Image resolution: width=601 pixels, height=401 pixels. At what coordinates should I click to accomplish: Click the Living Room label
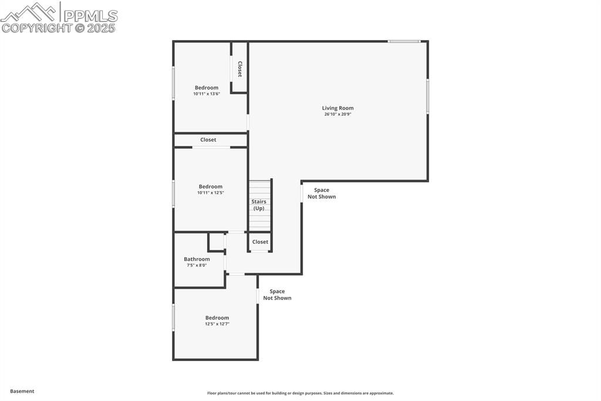pos(337,108)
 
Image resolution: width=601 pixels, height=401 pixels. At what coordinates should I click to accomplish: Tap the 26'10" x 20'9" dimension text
pos(337,114)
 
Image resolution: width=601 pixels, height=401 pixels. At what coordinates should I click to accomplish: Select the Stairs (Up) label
pos(259,205)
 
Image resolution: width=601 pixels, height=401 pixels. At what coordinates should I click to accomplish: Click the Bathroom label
pos(197,259)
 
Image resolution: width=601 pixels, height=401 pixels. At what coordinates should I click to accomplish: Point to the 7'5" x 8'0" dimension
pos(197,265)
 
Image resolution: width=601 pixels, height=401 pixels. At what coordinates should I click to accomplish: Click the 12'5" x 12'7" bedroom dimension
pos(217,324)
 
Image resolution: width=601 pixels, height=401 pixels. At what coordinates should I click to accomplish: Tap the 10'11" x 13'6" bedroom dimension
pos(207,93)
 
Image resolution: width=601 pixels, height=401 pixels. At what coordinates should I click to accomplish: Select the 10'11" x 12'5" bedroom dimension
pos(211,192)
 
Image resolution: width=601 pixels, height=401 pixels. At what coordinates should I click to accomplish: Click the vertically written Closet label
pos(239,69)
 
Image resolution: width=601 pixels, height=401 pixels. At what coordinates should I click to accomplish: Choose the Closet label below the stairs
pos(260,242)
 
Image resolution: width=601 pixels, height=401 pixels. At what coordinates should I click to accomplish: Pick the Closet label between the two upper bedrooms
pos(208,140)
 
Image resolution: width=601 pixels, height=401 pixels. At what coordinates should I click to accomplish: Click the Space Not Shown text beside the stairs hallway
pos(322,193)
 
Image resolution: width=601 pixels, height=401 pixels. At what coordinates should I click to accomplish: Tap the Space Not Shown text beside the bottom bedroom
pos(277,295)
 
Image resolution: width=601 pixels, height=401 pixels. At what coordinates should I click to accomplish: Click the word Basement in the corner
pos(22,391)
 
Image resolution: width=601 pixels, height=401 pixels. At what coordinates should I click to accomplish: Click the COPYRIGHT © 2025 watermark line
pos(59,28)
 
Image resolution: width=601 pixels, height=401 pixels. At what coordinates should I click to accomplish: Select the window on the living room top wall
pos(404,41)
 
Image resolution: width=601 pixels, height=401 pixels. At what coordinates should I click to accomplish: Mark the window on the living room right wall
pos(427,96)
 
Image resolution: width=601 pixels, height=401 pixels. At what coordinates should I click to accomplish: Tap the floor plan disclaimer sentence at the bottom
pos(300,393)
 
